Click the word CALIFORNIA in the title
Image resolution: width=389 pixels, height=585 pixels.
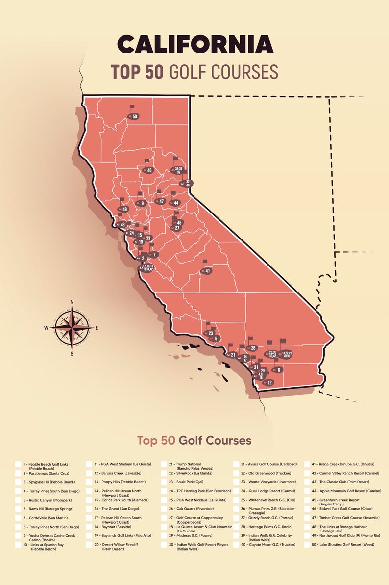pyautogui.click(x=195, y=44)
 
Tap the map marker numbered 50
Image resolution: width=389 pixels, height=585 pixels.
pyautogui.click(x=134, y=116)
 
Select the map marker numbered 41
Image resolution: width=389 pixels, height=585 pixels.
pyautogui.click(x=207, y=271)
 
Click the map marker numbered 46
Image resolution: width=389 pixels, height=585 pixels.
pyautogui.click(x=149, y=170)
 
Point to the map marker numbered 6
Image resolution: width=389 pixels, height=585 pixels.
pyautogui.click(x=278, y=370)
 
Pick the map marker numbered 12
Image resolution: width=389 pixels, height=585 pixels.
pyautogui.click(x=269, y=382)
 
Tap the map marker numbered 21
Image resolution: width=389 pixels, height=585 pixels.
pyautogui.click(x=232, y=355)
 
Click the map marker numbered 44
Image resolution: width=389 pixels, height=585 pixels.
pyautogui.click(x=175, y=203)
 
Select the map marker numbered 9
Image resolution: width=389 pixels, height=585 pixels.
pyautogui.click(x=142, y=203)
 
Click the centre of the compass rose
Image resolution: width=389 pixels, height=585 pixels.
pyautogui.click(x=72, y=327)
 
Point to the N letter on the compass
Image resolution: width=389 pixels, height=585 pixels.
pyautogui.click(x=72, y=302)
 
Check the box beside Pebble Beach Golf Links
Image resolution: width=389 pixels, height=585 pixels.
pyautogui.click(x=18, y=464)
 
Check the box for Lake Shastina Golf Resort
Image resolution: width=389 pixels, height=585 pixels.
pyautogui.click(x=307, y=545)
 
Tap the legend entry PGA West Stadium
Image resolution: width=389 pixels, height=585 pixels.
pyautogui.click(x=126, y=464)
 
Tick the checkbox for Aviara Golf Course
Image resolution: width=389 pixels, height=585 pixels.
pyautogui.click(x=236, y=464)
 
